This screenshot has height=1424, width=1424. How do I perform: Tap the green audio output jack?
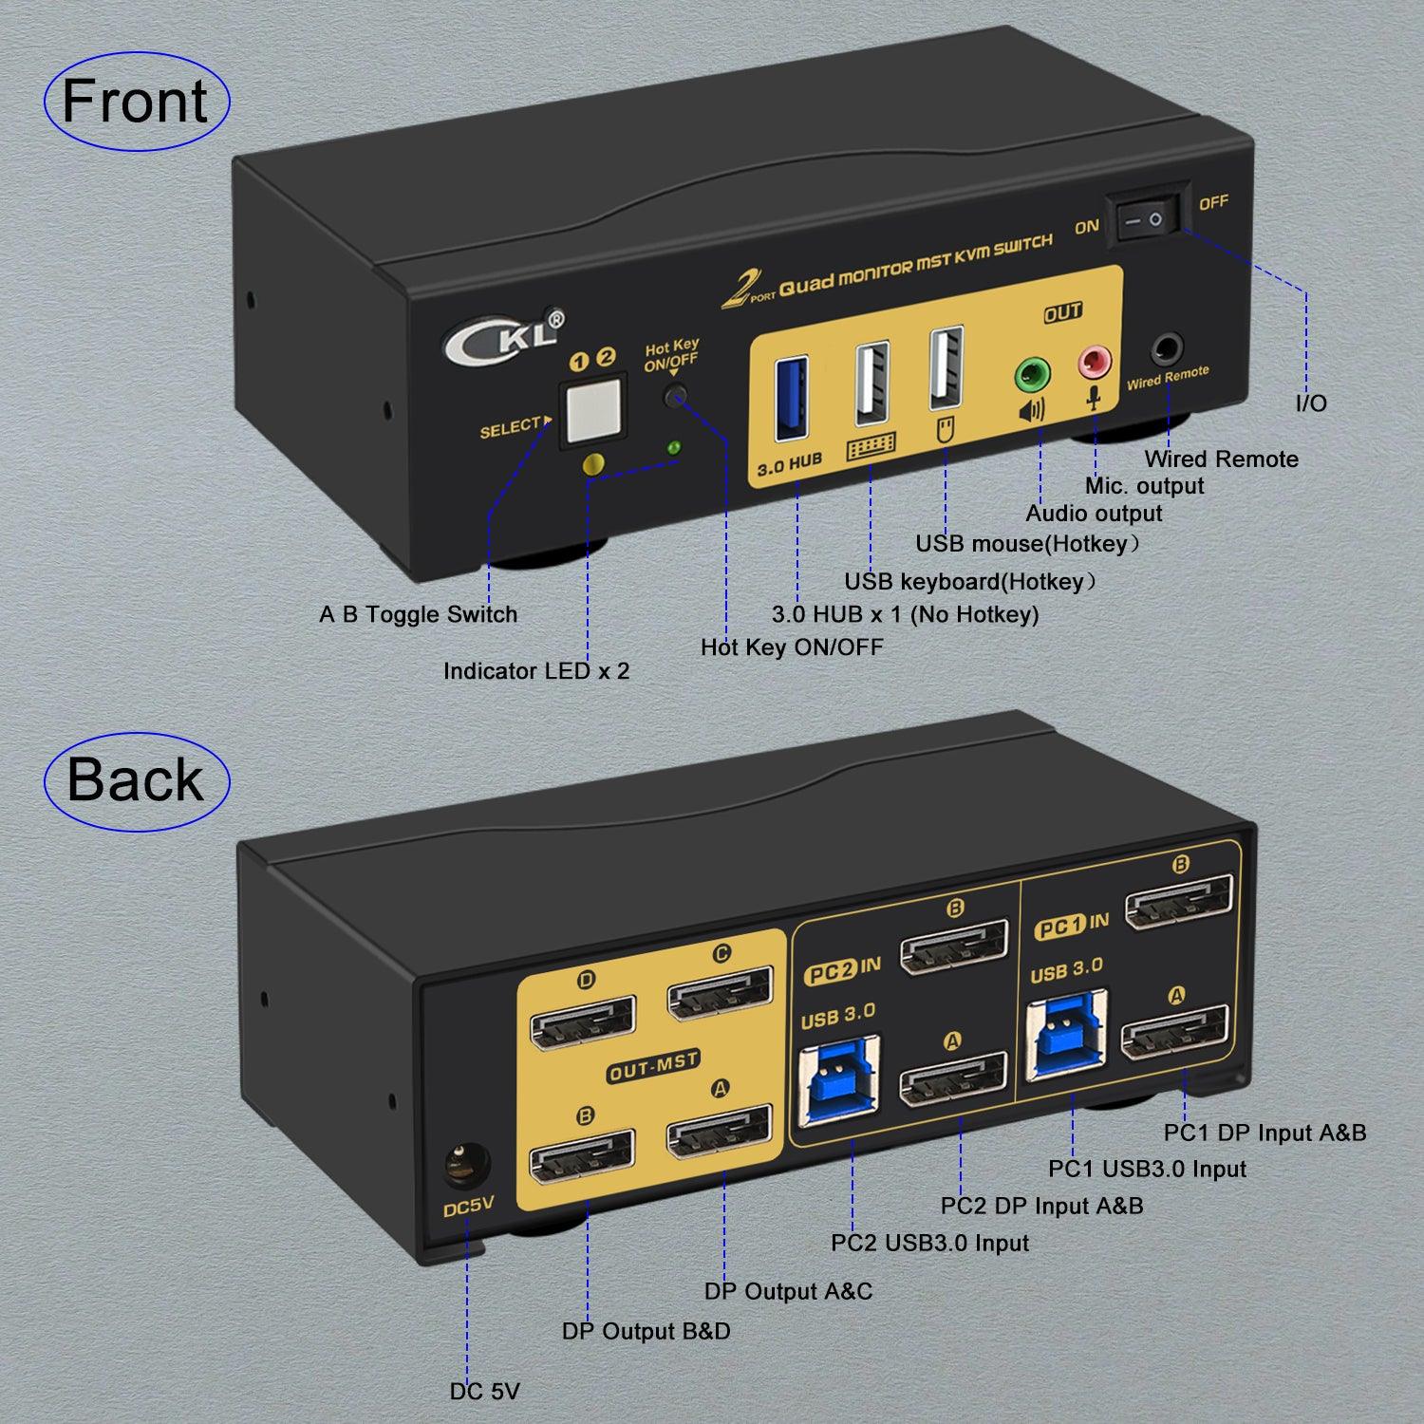[1033, 374]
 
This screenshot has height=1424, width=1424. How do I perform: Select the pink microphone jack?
[1093, 360]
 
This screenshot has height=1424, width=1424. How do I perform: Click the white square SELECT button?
[592, 410]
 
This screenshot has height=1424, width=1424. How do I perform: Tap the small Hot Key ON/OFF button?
[675, 396]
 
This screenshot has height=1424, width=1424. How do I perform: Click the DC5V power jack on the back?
[467, 1166]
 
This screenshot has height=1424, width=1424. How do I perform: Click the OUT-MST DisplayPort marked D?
[582, 1023]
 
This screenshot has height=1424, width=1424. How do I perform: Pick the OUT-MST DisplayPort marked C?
[720, 992]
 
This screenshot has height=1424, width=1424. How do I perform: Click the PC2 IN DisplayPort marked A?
[953, 1079]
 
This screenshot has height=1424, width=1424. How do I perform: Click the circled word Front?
[136, 102]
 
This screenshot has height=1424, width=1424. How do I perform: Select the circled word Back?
[136, 781]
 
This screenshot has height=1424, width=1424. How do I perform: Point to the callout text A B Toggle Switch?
[418, 614]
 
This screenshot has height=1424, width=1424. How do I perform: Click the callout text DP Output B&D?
[646, 1331]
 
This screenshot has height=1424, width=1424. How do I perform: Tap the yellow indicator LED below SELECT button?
[593, 464]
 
